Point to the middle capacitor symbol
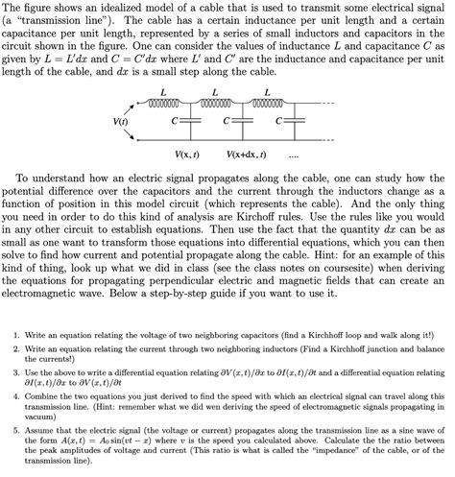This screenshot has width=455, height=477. (x=238, y=123)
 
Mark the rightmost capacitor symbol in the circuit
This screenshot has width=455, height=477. (x=290, y=123)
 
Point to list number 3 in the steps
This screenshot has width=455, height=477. (x=17, y=370)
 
